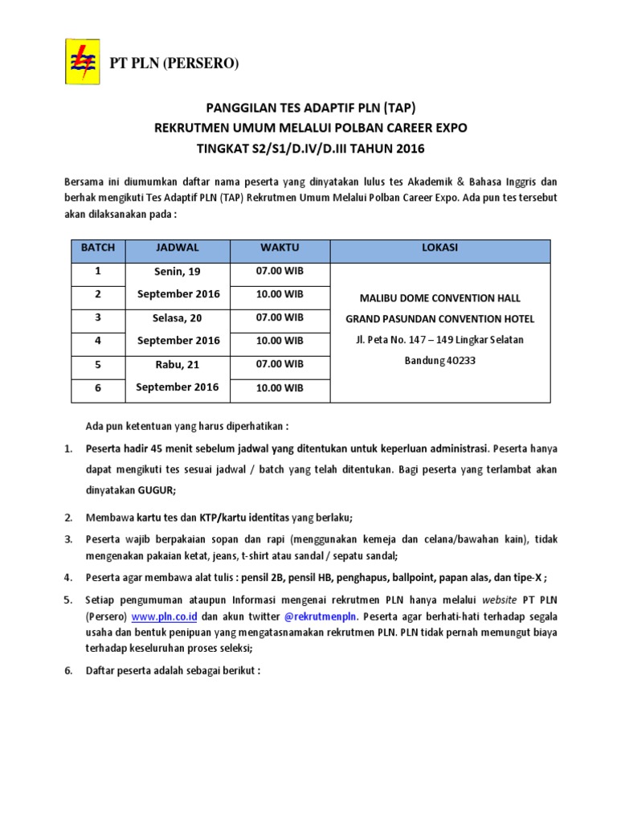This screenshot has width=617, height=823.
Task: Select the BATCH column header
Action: point(98,248)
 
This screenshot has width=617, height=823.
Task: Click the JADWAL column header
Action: point(178,248)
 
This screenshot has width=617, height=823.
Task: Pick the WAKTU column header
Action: point(280,248)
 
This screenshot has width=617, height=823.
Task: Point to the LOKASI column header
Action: point(439,248)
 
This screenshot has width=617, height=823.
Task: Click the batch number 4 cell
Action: point(98,341)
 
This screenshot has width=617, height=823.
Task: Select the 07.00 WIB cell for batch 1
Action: point(280,271)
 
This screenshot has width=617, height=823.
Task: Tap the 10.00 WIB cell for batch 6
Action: point(280,388)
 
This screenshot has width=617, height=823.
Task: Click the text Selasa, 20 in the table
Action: point(178,318)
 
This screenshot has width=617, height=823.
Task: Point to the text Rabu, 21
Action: point(178,365)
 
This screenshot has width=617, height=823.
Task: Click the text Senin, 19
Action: point(178,272)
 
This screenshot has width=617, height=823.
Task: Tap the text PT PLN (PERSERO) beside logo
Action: point(174,63)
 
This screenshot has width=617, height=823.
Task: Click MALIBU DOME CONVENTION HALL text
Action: point(439,299)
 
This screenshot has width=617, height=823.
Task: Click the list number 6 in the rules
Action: point(68,670)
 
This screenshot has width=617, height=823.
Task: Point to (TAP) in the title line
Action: point(401,109)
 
